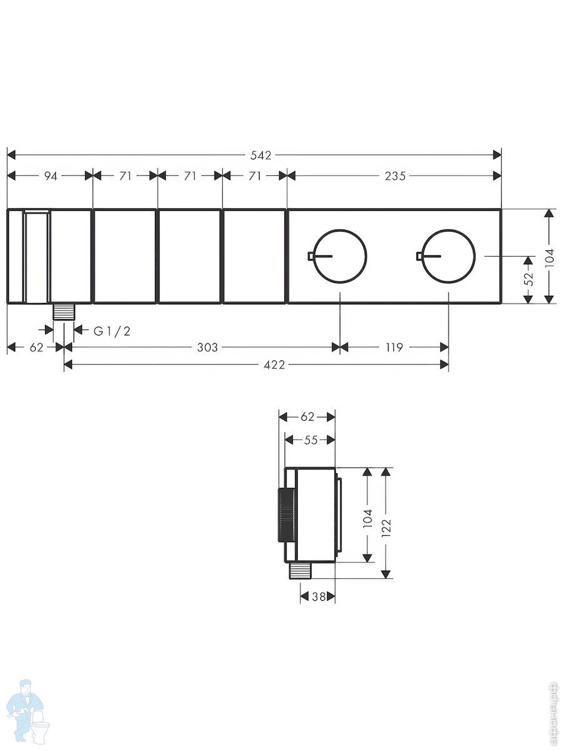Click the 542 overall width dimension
coord(261,155)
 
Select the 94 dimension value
coord(51,176)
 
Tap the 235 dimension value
coord(395,176)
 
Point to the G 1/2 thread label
coord(112,331)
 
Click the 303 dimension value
coord(208,347)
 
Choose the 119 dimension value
coord(394,347)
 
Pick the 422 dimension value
coord(275,365)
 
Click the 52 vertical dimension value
coord(529,279)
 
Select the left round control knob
coord(340,256)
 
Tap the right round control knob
coord(449,256)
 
